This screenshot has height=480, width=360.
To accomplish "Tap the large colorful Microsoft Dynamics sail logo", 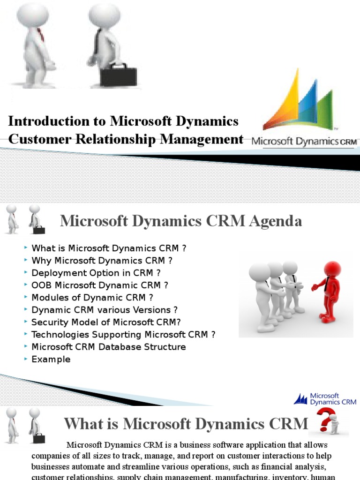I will tap(299, 101).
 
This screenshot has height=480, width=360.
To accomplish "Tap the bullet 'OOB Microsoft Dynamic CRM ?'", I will tap(99, 285).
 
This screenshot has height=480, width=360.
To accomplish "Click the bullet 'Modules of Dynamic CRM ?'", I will tap(92, 297).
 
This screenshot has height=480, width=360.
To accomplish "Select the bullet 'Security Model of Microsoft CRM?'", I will tap(106, 322).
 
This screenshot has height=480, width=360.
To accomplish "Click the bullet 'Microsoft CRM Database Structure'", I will tap(108, 347).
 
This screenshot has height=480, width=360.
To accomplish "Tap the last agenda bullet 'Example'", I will tap(51, 360).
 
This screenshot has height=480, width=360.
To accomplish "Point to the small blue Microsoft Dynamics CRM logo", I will tap(325, 399).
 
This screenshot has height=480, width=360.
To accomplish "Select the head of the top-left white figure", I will tap(32, 14).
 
